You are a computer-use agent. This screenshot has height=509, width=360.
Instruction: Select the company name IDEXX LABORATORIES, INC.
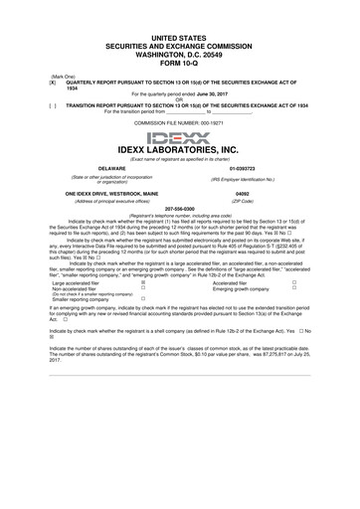click(x=179, y=150)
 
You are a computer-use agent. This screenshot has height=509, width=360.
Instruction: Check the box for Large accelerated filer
click(x=145, y=282)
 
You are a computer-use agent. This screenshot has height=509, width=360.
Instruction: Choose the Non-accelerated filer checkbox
click(x=145, y=288)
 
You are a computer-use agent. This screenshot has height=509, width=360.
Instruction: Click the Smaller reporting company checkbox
click(x=145, y=299)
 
